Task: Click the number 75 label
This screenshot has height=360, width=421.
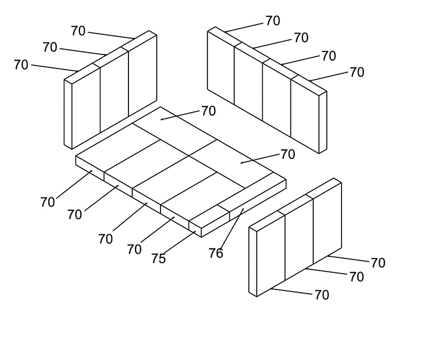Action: pos(159,258)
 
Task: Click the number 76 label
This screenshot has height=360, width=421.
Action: pos(216,253)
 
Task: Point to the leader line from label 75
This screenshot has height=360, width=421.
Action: pos(179,243)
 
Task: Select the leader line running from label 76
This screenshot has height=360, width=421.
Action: pos(232,229)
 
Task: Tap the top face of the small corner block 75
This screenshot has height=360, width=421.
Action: pos(209,217)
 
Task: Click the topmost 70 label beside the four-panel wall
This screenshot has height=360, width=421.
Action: pos(273,21)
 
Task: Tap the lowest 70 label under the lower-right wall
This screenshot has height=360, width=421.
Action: pos(322,295)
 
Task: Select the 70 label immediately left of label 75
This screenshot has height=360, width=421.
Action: pos(134,249)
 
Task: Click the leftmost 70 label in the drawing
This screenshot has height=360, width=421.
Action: pos(21,65)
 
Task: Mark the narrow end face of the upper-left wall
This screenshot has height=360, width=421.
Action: pos(68,114)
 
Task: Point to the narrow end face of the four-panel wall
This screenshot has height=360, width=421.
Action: pos(323,123)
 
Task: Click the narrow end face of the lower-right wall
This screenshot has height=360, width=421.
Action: pos(253,262)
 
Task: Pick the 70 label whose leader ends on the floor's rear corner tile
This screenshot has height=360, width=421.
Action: pos(208,111)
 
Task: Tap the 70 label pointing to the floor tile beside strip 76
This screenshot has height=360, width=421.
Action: pos(288,154)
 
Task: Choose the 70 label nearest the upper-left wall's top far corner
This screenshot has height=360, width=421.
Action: pos(78,31)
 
